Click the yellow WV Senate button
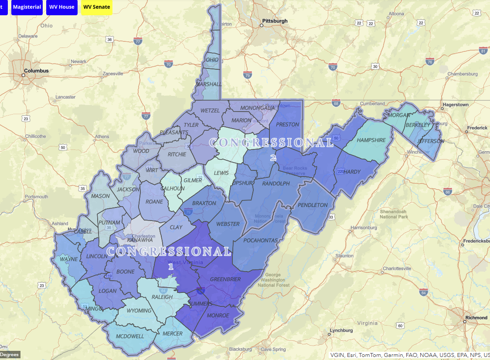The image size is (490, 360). coord(96,7)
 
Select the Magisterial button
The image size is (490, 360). coord(27,7)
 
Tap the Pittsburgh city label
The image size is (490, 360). coord(275,21)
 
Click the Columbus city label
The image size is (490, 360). coord(36,71)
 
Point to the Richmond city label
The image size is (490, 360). coord(476,318)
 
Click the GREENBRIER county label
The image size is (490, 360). coord(225,279)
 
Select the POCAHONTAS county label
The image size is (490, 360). coord(260,241)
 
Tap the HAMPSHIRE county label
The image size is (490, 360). coord(371,140)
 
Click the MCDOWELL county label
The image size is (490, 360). coord(130,336)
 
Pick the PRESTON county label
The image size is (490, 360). coord(288,125)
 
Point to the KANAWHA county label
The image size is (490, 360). coord(140,240)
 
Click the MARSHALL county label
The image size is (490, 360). coord(209,84)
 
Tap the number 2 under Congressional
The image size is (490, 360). coord(273,158)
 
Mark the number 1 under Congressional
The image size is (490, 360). coord(171,266)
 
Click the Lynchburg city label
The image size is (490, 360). coord(341,330)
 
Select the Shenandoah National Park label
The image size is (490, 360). coord(394,214)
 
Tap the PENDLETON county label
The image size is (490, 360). coord(313,205)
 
